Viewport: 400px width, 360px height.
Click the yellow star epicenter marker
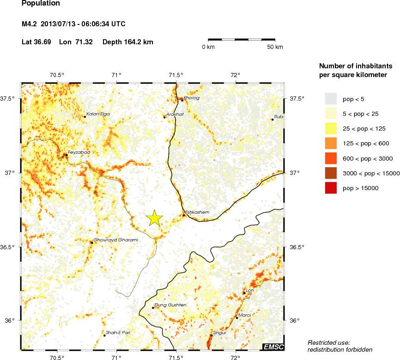tap(155, 218)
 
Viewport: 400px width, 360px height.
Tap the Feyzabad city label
tap(79, 152)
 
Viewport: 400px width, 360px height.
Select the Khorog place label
tap(191, 98)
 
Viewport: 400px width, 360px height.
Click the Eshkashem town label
tap(197, 212)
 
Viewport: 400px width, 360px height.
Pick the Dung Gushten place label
tap(170, 305)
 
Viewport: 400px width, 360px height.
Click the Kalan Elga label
tap(98, 114)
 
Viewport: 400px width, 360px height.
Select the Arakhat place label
tap(175, 114)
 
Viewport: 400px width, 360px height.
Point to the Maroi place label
tap(245, 315)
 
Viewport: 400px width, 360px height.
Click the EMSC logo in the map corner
tap(273, 347)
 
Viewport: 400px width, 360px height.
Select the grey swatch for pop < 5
tap(331, 99)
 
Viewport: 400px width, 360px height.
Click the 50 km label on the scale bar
tap(275, 48)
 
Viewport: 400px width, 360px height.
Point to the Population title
tap(41, 4)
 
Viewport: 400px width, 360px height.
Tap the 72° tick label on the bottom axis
tap(236, 357)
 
